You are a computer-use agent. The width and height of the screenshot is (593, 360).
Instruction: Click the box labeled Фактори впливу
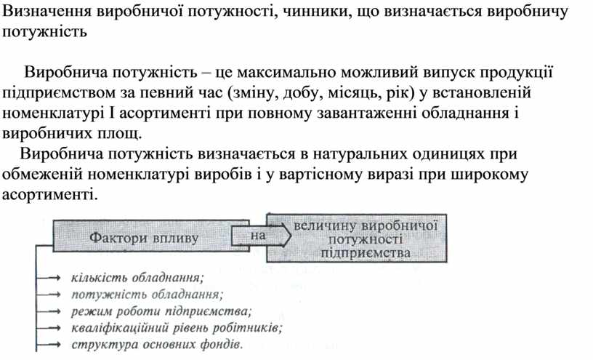pyautogui.click(x=150, y=236)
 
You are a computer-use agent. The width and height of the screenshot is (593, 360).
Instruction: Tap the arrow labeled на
pyautogui.click(x=261, y=236)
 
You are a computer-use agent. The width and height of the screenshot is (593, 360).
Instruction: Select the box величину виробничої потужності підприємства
pyautogui.click(x=357, y=238)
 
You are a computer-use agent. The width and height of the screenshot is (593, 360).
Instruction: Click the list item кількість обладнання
pyautogui.click(x=137, y=278)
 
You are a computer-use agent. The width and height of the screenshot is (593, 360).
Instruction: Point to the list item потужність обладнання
pyautogui.click(x=147, y=294)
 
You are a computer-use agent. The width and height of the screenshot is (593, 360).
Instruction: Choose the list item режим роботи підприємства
pyautogui.click(x=161, y=311)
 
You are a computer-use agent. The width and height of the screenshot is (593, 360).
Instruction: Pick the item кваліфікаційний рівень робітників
pyautogui.click(x=177, y=327)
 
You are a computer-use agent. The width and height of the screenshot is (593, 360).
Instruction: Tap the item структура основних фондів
pyautogui.click(x=157, y=345)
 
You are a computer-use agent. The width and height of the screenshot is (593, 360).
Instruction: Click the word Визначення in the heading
pyautogui.click(x=47, y=12)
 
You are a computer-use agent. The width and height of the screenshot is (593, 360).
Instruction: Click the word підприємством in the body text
pyautogui.click(x=61, y=93)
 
